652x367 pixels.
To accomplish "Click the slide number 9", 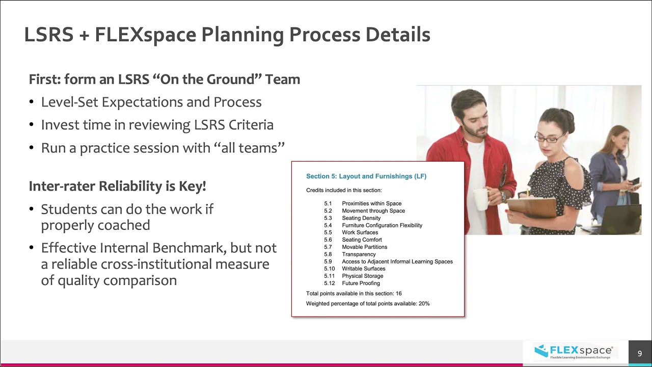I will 640,353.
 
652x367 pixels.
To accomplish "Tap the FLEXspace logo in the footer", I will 573,351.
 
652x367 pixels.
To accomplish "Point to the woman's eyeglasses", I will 549,137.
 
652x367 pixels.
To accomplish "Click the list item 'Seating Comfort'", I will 362,240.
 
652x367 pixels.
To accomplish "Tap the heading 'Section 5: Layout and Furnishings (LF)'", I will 366,176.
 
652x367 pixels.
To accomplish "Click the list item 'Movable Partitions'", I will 364,247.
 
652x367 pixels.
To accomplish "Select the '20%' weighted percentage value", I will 424,303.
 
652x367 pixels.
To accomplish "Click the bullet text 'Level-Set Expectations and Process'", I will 151,102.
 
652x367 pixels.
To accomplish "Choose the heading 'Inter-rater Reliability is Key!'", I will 118,186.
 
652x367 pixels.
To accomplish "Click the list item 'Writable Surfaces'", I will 363,269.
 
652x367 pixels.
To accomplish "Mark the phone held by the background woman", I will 635,182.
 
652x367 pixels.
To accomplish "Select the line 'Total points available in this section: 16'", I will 354,294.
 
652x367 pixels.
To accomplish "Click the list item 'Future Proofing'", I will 361,283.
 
